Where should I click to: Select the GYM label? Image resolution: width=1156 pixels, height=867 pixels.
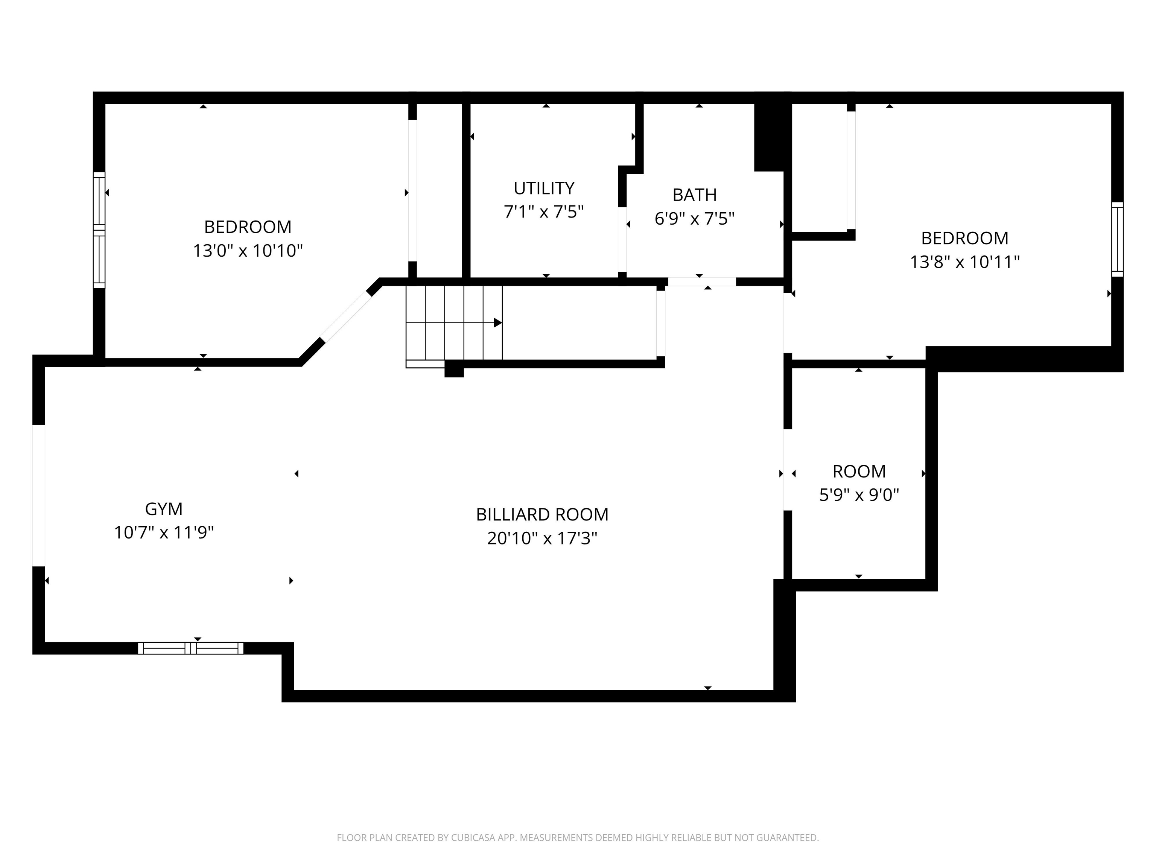point(164,508)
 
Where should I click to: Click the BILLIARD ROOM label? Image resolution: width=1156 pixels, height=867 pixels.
point(542,514)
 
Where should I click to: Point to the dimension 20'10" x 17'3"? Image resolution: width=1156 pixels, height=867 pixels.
point(542,538)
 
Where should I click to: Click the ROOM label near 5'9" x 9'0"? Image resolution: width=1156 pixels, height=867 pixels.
point(859,472)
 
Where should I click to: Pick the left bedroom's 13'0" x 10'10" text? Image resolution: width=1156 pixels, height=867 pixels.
point(248,251)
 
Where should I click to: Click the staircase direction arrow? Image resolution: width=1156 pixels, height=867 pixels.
point(497,323)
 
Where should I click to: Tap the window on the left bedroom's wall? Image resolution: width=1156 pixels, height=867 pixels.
point(99,230)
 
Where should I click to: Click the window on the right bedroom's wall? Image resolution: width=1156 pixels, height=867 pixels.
point(1117,239)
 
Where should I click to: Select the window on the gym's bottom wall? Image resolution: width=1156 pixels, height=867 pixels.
point(191,648)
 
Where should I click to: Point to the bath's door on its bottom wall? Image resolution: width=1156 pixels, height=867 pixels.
point(701,282)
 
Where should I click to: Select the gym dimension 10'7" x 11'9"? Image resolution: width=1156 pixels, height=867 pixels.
point(164,532)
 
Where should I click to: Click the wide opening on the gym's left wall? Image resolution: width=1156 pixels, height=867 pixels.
point(39,496)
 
